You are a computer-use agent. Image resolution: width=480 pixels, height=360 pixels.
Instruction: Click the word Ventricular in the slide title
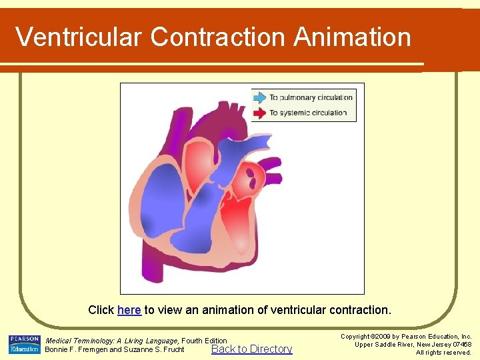79,37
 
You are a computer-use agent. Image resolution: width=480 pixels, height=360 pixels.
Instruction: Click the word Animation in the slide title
352,37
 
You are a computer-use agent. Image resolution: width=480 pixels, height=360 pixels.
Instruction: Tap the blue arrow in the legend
259,97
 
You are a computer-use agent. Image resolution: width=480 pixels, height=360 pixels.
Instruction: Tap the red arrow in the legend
259,113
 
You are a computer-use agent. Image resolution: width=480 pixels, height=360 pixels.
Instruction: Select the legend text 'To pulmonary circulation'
311,97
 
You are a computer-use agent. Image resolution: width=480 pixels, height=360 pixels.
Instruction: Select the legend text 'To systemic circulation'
308,113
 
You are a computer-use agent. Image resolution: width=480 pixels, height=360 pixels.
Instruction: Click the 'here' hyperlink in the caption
129,311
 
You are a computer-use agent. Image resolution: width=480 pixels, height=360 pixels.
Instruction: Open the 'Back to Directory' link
251,349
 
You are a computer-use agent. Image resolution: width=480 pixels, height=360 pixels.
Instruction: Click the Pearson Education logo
24,345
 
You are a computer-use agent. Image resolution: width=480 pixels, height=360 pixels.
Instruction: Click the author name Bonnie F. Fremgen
75,349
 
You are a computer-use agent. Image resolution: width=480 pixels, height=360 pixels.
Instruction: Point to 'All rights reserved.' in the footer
443,352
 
